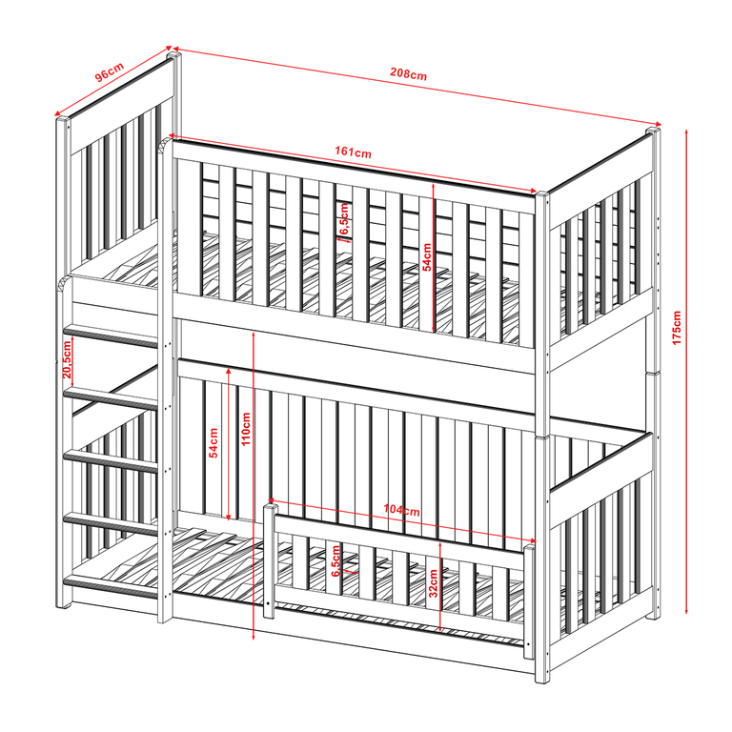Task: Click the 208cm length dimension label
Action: tap(409, 73)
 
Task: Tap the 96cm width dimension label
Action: tap(110, 71)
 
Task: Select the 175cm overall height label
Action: tap(677, 328)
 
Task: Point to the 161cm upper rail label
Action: tap(353, 152)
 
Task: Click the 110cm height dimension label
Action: tap(246, 429)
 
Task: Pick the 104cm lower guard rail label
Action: tap(401, 510)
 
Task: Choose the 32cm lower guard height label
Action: tap(434, 583)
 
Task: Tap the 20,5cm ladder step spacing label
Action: tap(67, 359)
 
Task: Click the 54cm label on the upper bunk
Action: tap(427, 256)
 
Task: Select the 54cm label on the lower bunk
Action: tap(213, 443)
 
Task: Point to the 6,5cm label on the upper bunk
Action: tap(344, 219)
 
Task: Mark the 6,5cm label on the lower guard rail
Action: tap(336, 560)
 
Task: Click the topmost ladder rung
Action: tap(111, 336)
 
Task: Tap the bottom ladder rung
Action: tap(111, 587)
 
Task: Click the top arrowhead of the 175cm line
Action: tap(686, 132)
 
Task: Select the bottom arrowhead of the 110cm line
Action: tap(253, 637)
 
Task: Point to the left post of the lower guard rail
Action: tap(269, 560)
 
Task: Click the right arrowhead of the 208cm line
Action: tap(658, 124)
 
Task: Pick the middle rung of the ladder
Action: tap(111, 461)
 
